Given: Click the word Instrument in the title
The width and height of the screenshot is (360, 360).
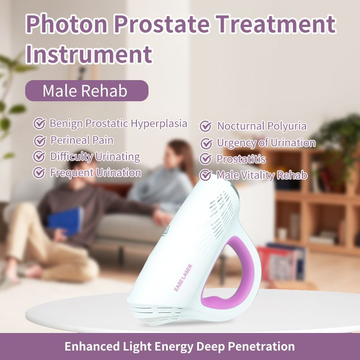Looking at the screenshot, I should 89,54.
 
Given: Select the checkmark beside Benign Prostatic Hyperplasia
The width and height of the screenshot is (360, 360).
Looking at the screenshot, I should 40,123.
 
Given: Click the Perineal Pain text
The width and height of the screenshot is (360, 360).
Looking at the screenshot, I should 81,140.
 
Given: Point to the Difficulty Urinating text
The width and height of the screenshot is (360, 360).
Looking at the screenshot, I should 94,157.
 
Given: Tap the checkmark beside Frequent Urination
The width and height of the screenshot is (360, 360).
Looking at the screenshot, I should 40,173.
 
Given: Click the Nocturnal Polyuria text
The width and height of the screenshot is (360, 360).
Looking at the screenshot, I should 261,126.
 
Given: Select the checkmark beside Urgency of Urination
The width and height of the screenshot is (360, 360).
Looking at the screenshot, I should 206,144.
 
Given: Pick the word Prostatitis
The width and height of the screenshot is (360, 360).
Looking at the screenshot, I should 241,159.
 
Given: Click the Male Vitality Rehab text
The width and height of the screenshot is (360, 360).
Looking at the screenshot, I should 262,175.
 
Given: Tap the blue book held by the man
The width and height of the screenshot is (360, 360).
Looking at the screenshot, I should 65,221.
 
